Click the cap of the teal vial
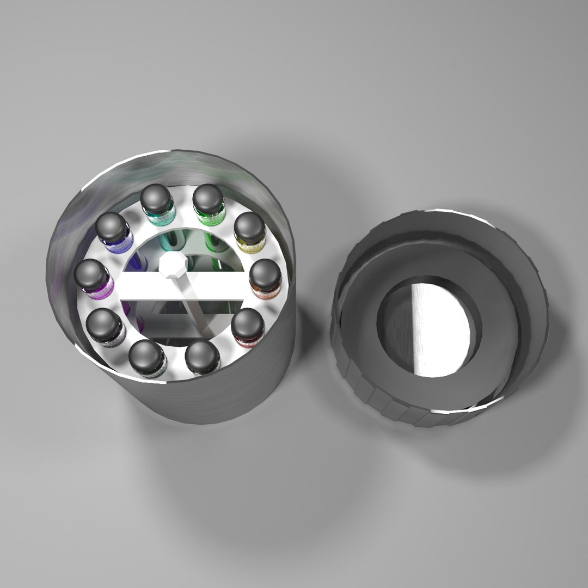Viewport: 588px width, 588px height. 157,198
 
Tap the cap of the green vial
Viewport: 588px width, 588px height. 209,198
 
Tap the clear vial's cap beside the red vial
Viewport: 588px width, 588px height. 202,355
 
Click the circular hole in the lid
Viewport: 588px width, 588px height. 430,329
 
